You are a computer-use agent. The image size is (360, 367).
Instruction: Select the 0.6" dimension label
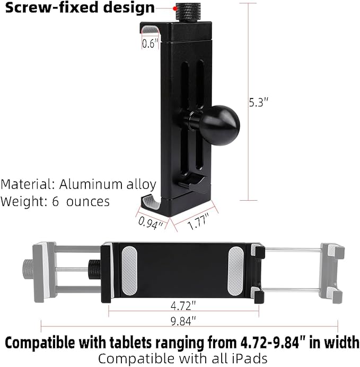150,44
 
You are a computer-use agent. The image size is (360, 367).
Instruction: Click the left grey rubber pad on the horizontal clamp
129,272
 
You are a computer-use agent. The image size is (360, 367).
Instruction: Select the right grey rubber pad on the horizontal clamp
236,272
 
